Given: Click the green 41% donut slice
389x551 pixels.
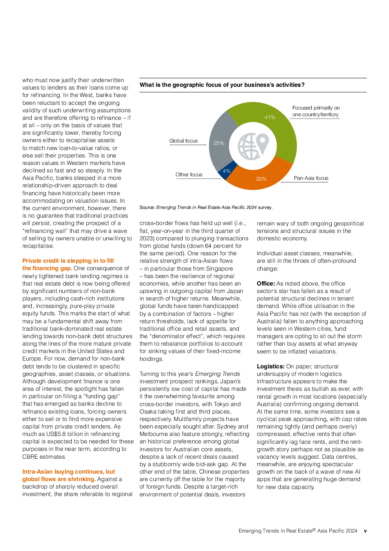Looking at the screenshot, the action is point(275,123).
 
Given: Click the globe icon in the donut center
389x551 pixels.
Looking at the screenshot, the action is point(253,146).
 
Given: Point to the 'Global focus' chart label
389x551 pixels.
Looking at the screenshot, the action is point(184,141).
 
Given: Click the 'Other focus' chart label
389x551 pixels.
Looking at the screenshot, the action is point(189,174).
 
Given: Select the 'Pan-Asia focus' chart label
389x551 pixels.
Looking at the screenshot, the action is point(311,178).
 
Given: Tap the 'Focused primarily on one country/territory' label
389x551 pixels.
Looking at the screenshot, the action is point(316,111).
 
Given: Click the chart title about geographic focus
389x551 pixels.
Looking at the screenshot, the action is point(222,85).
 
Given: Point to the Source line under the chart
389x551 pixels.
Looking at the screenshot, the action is point(206,207).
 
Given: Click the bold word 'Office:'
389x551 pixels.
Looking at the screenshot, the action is point(266,284).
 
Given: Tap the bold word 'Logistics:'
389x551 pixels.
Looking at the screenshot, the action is point(271,366).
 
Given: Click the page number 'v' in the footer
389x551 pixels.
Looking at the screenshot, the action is point(365,531).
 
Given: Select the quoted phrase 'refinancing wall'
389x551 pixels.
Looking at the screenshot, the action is point(46,231).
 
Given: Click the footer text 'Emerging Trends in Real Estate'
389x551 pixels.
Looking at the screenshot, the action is point(276,531).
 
